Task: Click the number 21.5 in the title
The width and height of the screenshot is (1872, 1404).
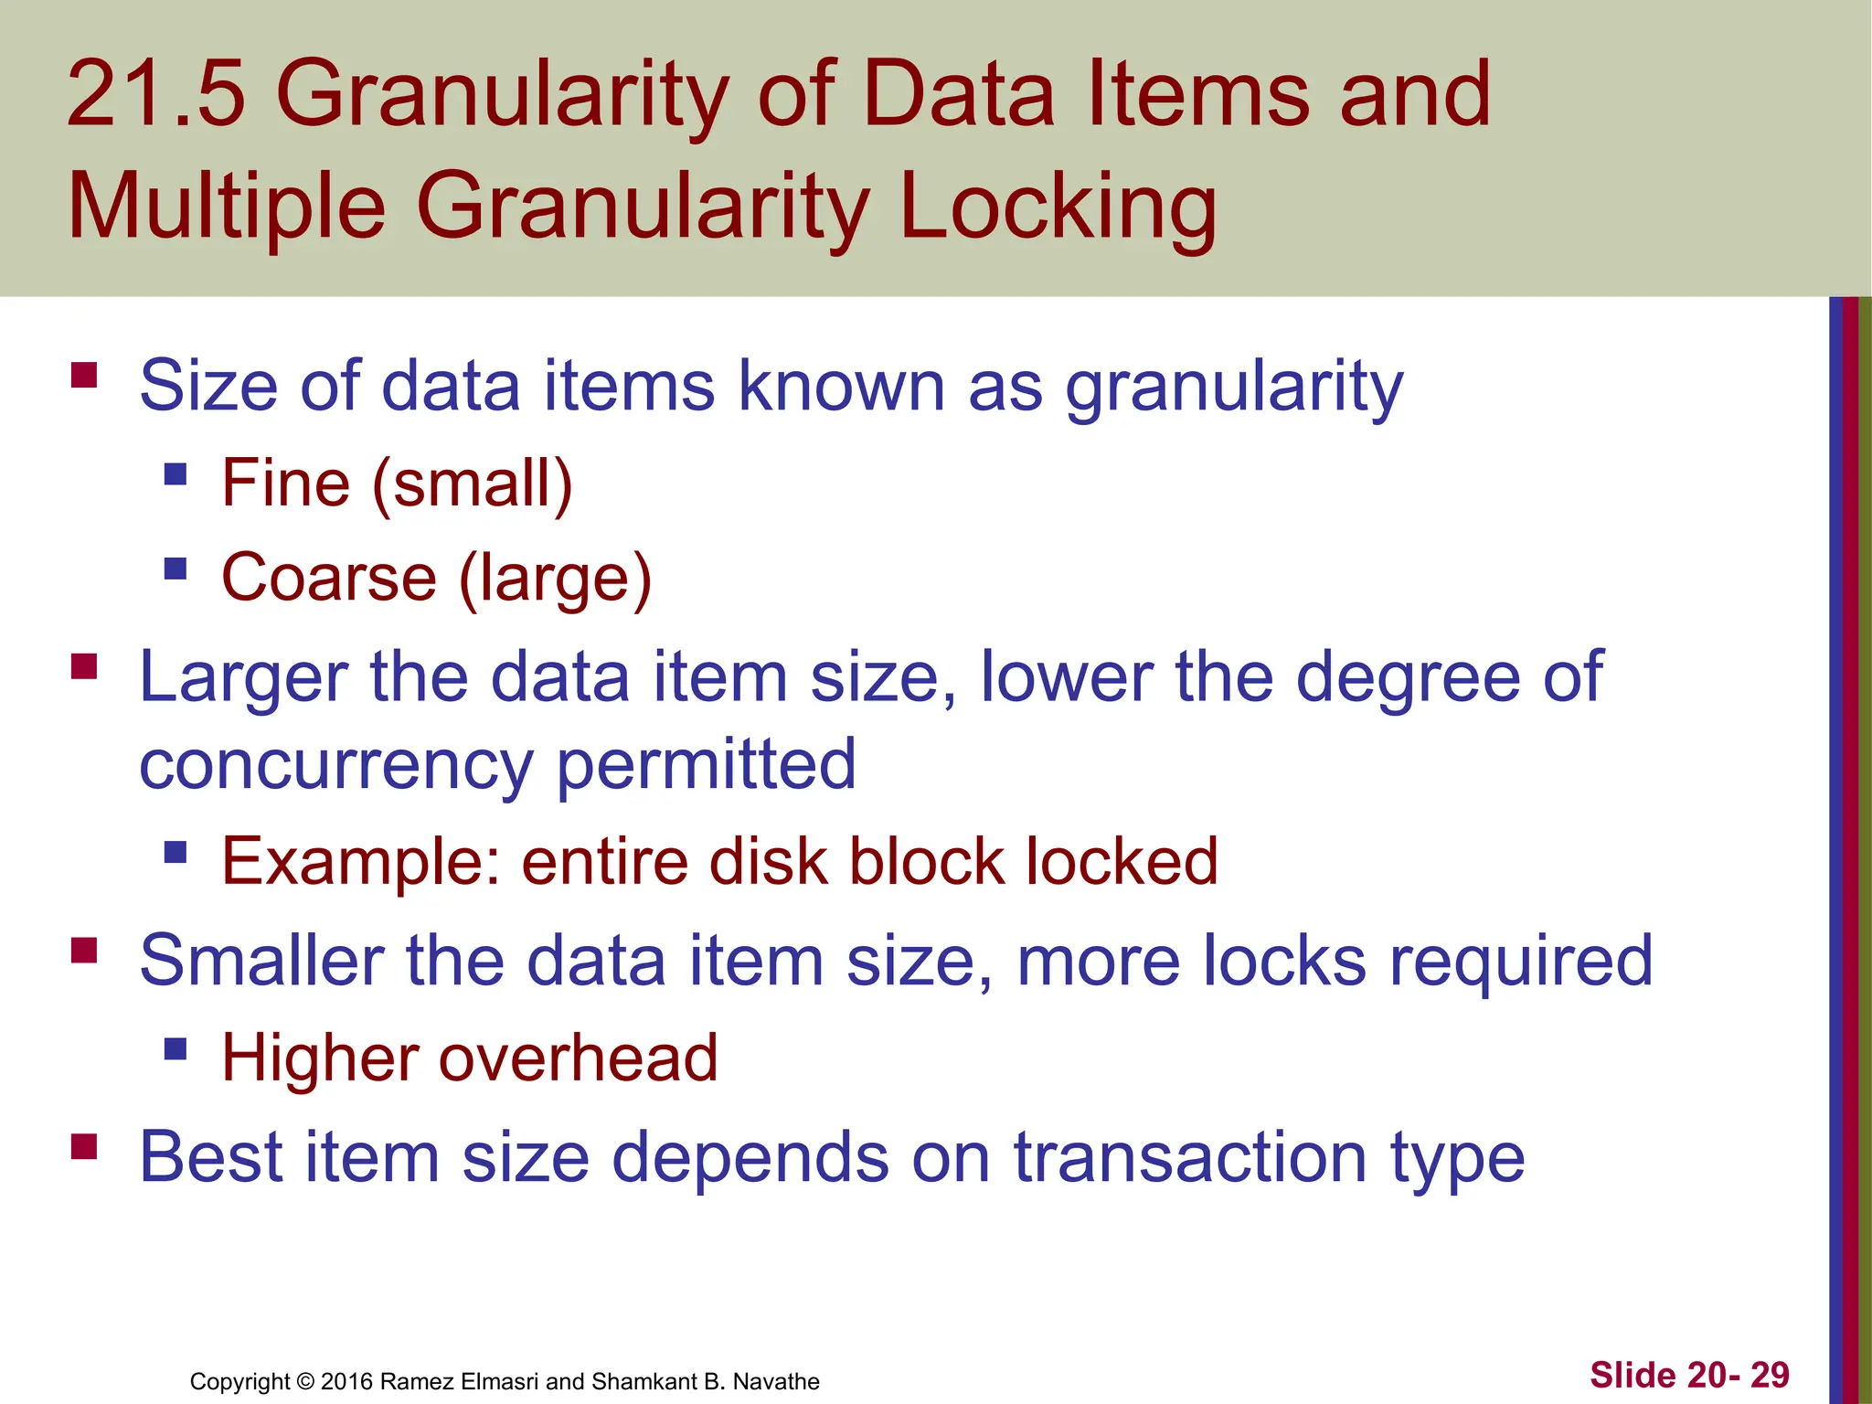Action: click(156, 93)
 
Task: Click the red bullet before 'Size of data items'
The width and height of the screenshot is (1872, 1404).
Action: click(84, 376)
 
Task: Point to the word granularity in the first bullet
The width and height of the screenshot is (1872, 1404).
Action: click(1234, 387)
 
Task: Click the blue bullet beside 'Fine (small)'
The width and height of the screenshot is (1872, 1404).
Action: click(175, 473)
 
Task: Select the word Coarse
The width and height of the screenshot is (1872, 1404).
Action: click(329, 579)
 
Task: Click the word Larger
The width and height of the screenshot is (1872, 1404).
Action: click(243, 677)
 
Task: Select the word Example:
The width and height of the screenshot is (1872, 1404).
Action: click(360, 862)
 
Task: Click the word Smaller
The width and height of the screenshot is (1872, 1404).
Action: click(261, 961)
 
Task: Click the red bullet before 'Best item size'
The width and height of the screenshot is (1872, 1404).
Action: click(84, 1146)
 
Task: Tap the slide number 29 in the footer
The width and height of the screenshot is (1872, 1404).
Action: click(1769, 1375)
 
